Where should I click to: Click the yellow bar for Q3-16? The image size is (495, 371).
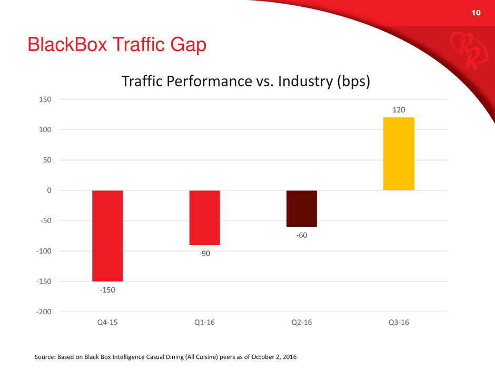coord(399,154)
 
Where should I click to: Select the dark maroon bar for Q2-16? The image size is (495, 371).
coord(302,208)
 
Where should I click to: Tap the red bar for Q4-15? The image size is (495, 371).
coord(107,236)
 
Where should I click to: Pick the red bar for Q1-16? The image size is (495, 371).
coord(204,218)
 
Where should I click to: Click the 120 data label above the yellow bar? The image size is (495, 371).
coord(399,109)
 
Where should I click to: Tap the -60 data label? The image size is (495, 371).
coord(302,235)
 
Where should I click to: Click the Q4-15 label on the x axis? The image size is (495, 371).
coord(107,323)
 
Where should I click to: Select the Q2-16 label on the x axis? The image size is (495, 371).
coord(302,323)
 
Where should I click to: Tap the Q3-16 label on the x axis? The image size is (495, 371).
coord(399,323)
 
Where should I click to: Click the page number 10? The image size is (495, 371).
coord(476,13)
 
